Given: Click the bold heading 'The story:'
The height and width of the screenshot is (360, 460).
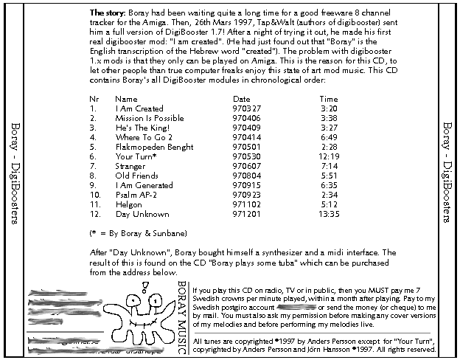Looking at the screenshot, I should pos(108,13).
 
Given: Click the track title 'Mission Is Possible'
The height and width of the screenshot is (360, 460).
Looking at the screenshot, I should pos(150,117).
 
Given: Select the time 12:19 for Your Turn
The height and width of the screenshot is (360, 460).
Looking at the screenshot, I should pos(329,156).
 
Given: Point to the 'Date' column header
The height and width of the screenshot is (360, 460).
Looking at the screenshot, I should pos(241,98).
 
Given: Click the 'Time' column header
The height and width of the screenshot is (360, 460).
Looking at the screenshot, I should pos(329,98).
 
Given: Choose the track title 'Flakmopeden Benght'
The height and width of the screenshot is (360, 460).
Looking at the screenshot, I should pos(150,147).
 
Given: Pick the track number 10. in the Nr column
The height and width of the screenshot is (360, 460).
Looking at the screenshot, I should pos(94,195).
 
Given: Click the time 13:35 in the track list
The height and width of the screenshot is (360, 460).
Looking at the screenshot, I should pos(329,214).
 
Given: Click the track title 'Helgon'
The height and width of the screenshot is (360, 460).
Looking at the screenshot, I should pos(128,204).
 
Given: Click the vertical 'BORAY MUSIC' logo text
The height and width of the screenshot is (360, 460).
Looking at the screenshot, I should pos(182,308).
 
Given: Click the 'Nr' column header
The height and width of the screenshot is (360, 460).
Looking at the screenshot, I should pos(94,98).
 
